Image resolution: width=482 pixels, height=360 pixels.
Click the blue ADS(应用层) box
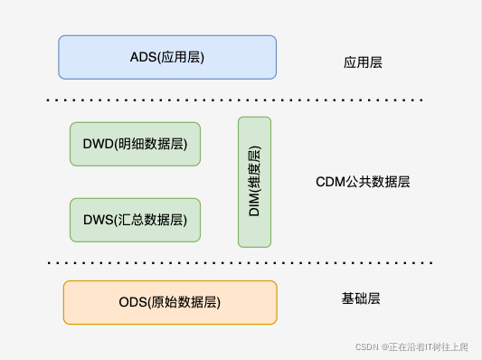click(x=167, y=57)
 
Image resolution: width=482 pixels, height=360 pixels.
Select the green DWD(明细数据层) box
click(x=135, y=144)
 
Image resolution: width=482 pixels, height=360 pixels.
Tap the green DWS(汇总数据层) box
click(x=135, y=220)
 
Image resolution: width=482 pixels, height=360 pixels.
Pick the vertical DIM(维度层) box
click(x=255, y=182)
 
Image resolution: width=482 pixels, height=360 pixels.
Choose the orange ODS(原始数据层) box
click(x=170, y=302)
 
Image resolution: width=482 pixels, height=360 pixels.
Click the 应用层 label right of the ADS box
click(x=363, y=63)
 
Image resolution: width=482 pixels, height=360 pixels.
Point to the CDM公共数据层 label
click(x=363, y=182)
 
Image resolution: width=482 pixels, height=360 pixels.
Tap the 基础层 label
click(x=361, y=298)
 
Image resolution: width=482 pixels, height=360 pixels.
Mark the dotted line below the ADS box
click(x=235, y=98)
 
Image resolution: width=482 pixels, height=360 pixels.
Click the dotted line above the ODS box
click(x=235, y=263)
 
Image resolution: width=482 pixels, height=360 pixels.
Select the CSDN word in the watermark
click(x=365, y=346)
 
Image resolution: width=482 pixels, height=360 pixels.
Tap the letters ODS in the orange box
click(x=134, y=302)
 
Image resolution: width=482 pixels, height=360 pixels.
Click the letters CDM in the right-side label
click(x=329, y=182)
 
